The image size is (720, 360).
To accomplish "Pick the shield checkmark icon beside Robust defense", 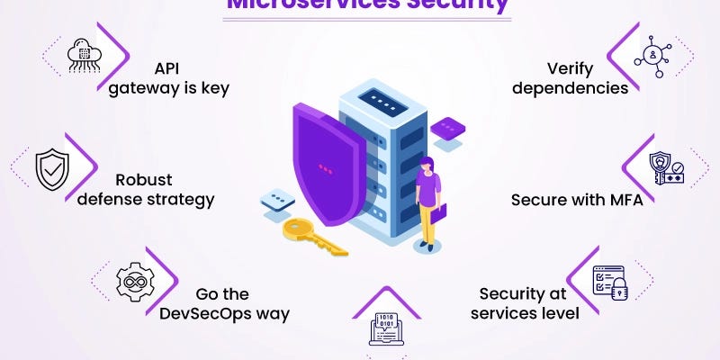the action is coord(51,168).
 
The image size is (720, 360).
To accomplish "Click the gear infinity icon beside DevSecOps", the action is coord(134,281).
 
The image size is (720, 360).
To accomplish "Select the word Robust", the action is coord(144,179).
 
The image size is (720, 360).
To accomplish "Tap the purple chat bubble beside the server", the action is coord(446,129).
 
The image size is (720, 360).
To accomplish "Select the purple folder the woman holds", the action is coord(438,214).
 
